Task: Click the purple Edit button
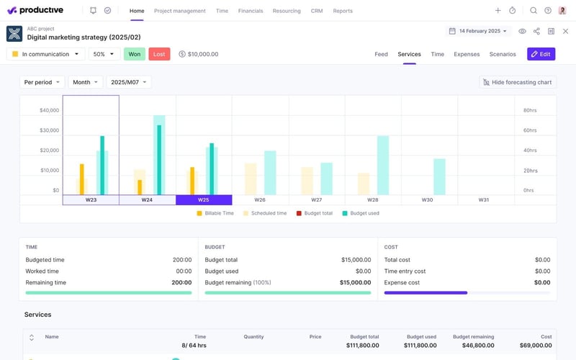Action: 541,54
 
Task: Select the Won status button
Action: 135,54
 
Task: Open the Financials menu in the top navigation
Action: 250,11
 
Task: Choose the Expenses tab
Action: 467,54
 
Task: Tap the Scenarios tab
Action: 503,54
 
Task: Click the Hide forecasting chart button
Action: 518,82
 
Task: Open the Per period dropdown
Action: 42,82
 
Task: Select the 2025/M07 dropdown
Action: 129,82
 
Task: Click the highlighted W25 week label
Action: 203,200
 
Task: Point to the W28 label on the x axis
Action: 372,200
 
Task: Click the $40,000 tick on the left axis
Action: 49,110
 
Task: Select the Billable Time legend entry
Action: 215,213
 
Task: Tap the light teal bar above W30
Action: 439,176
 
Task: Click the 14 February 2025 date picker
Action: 479,31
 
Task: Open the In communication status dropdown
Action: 45,54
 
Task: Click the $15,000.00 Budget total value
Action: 356,260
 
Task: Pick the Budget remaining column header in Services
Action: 473,336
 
